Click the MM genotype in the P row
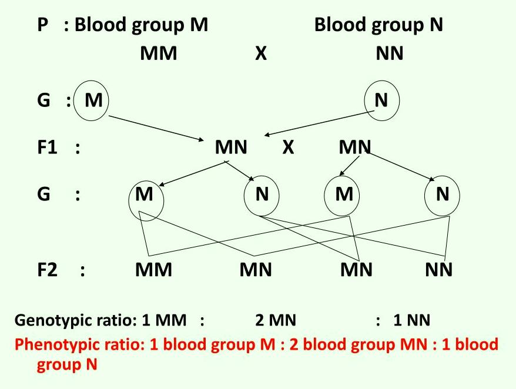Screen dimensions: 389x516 (158, 54)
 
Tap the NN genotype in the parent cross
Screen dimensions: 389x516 (389, 54)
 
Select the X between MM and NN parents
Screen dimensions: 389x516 (261, 54)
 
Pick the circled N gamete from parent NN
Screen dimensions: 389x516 (381, 100)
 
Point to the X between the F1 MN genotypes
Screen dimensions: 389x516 (287, 147)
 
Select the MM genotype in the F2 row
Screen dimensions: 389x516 (153, 270)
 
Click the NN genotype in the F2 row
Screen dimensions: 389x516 (439, 270)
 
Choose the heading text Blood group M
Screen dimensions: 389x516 (141, 25)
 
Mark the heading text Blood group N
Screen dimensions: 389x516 (378, 25)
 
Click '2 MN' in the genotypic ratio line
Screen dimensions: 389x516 (276, 321)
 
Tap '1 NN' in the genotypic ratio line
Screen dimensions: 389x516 (411, 321)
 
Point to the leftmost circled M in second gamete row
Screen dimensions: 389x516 (145, 194)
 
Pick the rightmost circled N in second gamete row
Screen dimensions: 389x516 (442, 194)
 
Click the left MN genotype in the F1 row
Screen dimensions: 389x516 (231, 147)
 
